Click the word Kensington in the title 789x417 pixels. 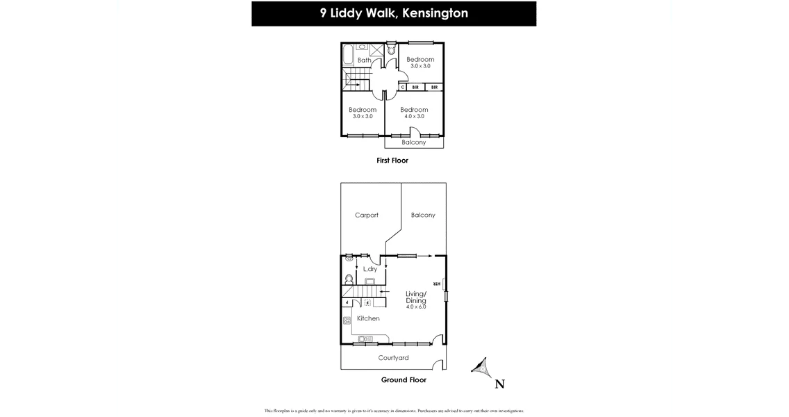(433, 13)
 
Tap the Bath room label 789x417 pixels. (364, 60)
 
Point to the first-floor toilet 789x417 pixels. (392, 49)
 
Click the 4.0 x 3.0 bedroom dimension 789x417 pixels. (414, 117)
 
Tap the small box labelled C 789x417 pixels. (403, 88)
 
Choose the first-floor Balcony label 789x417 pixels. (414, 142)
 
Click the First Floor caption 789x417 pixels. (392, 161)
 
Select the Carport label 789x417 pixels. (367, 215)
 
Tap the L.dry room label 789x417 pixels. (370, 269)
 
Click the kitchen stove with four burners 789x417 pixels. (347, 320)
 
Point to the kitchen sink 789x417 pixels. (365, 339)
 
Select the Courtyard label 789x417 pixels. (393, 359)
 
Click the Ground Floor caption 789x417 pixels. (404, 380)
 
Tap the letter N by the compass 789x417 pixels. (499, 384)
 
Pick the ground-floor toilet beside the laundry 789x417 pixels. (349, 279)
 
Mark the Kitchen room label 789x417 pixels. (368, 318)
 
